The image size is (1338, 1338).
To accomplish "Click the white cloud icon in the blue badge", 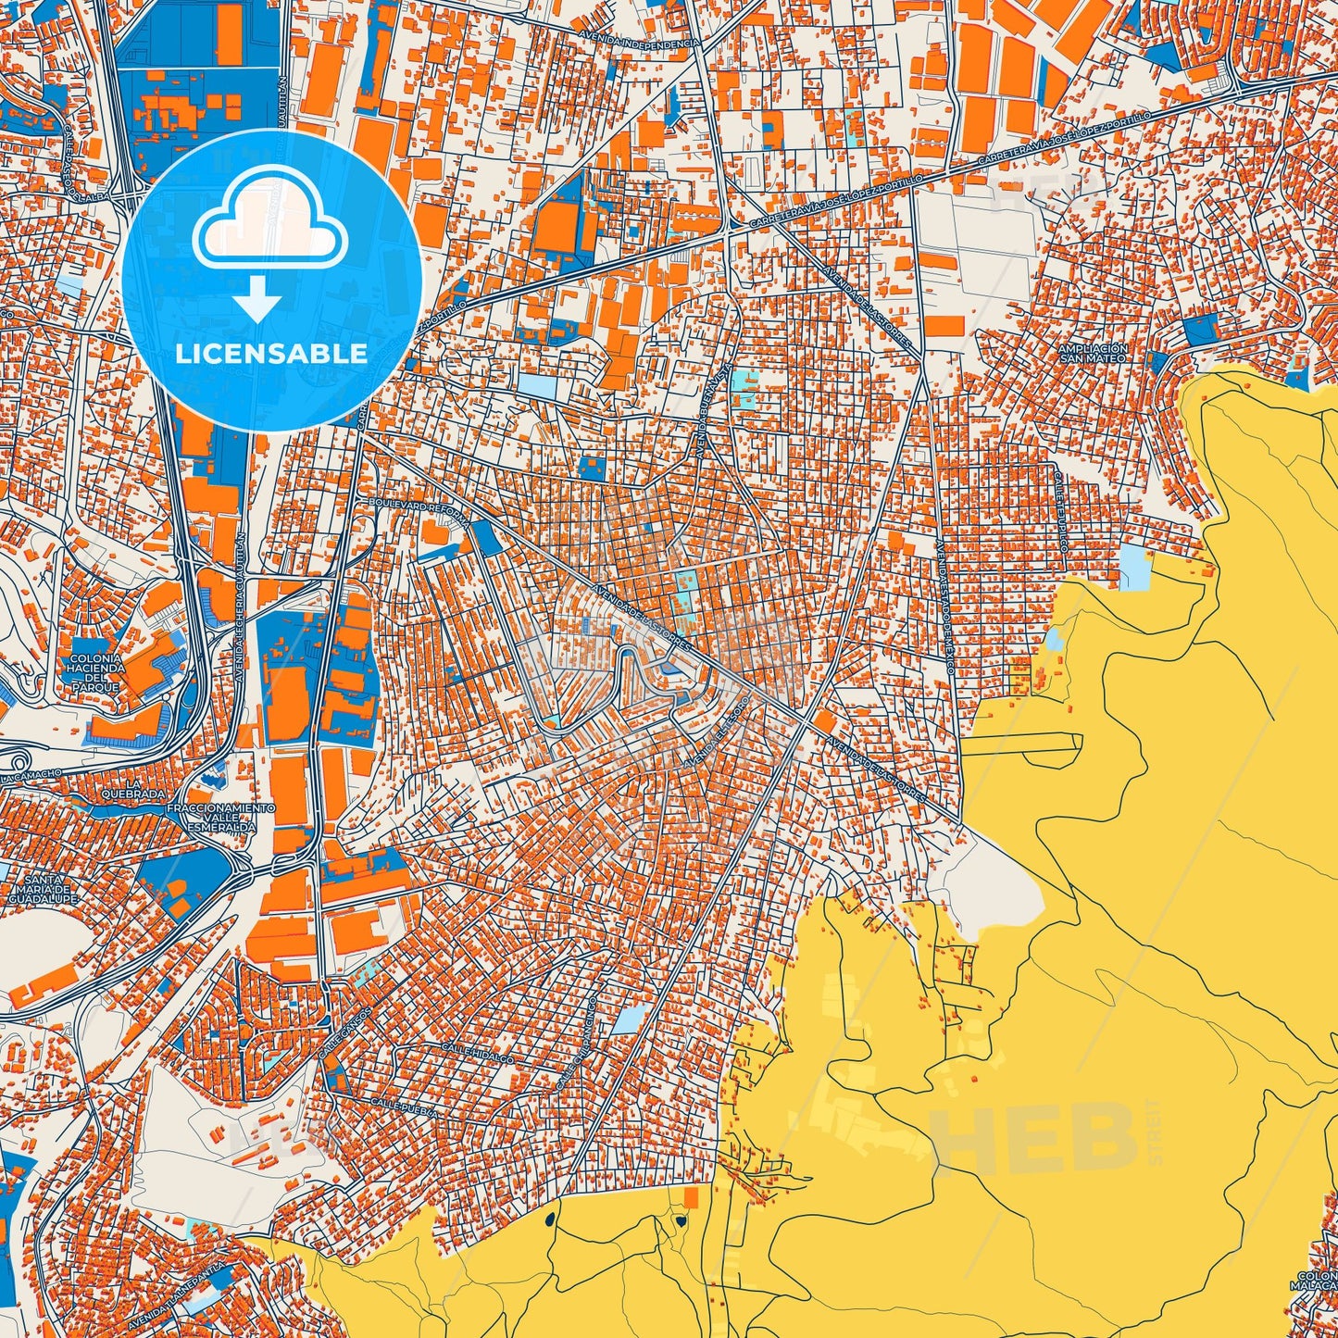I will pos(269,226).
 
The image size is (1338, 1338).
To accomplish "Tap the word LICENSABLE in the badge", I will pos(271,354).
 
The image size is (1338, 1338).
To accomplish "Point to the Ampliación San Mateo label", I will pos(1093,353).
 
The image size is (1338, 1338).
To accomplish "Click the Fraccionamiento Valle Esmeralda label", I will pos(220,819).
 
